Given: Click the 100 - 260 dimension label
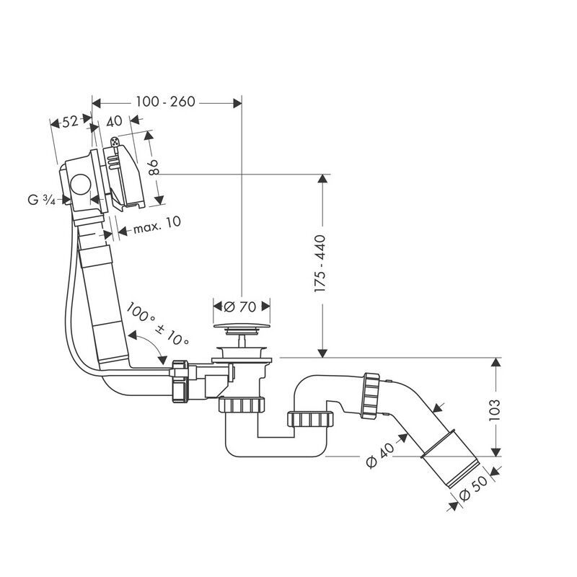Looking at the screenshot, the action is [x=165, y=102].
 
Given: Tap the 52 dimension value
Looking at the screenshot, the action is [x=70, y=121].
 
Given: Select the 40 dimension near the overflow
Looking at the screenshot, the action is [x=114, y=120].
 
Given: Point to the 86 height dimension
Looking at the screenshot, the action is [x=154, y=167].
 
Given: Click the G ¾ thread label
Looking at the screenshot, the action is [x=41, y=200].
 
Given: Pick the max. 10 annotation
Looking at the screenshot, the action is [x=157, y=225].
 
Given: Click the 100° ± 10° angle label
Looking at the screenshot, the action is [x=157, y=324].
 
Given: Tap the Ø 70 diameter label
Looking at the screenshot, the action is [x=240, y=307].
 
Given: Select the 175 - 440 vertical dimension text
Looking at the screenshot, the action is [x=320, y=263].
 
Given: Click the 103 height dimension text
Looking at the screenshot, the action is [x=495, y=410].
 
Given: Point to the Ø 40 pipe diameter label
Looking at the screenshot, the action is [x=381, y=455].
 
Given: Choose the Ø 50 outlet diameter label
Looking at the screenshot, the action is [x=474, y=488].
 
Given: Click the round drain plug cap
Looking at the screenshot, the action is [x=242, y=326].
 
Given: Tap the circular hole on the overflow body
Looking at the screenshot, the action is [x=81, y=185].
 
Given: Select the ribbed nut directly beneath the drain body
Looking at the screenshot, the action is [x=242, y=405].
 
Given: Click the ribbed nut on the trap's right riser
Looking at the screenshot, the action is [x=310, y=420].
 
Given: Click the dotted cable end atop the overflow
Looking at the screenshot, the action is [x=115, y=141].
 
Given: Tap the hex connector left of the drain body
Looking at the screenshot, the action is [x=180, y=382].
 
